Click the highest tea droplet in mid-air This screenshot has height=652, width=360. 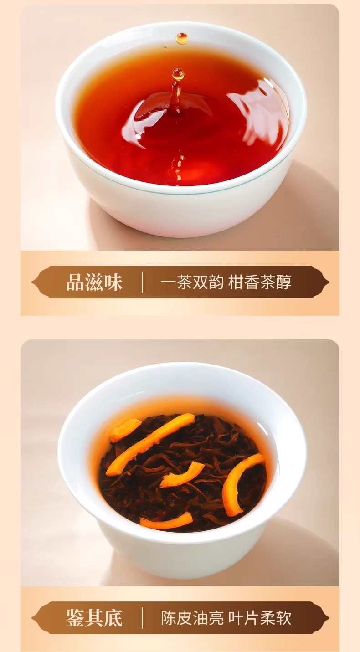[182, 38]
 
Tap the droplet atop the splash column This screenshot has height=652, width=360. [178, 74]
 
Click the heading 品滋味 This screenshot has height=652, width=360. [94, 282]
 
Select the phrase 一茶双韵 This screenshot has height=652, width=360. [192, 282]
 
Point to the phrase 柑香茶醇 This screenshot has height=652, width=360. [260, 282]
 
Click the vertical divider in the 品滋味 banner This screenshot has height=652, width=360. [142, 282]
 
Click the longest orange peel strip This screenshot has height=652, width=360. [150, 445]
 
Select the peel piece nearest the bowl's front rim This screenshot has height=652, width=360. [166, 522]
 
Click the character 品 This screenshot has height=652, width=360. [75, 282]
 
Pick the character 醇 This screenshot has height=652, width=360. [284, 282]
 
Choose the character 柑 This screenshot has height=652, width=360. [236, 282]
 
